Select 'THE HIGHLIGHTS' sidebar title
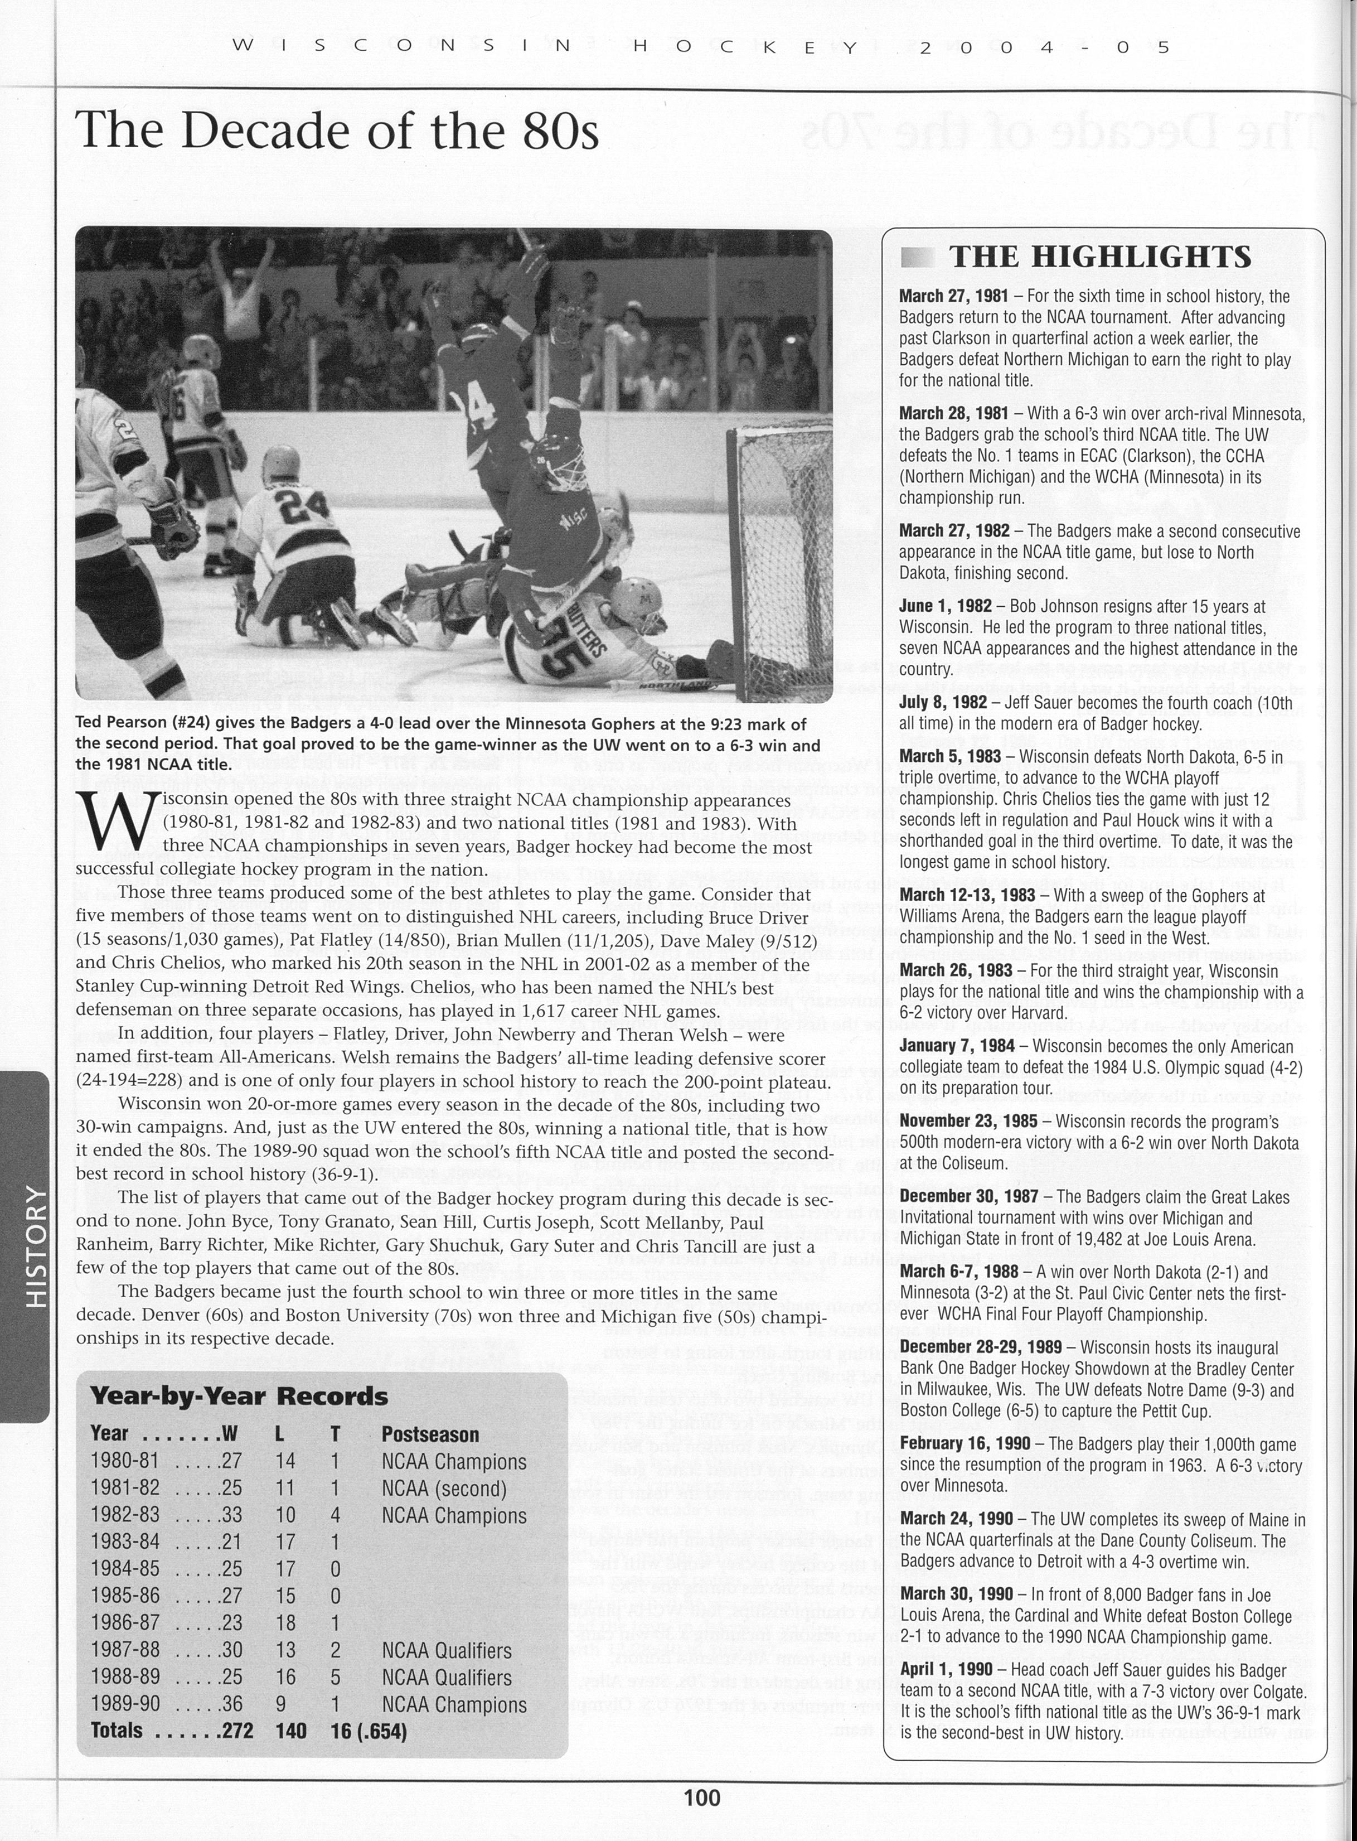tap(1100, 257)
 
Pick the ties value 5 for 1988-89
tap(335, 1678)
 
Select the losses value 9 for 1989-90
tap(282, 1704)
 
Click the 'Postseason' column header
tap(430, 1434)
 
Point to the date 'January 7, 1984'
tap(957, 1047)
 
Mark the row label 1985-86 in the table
tap(125, 1596)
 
